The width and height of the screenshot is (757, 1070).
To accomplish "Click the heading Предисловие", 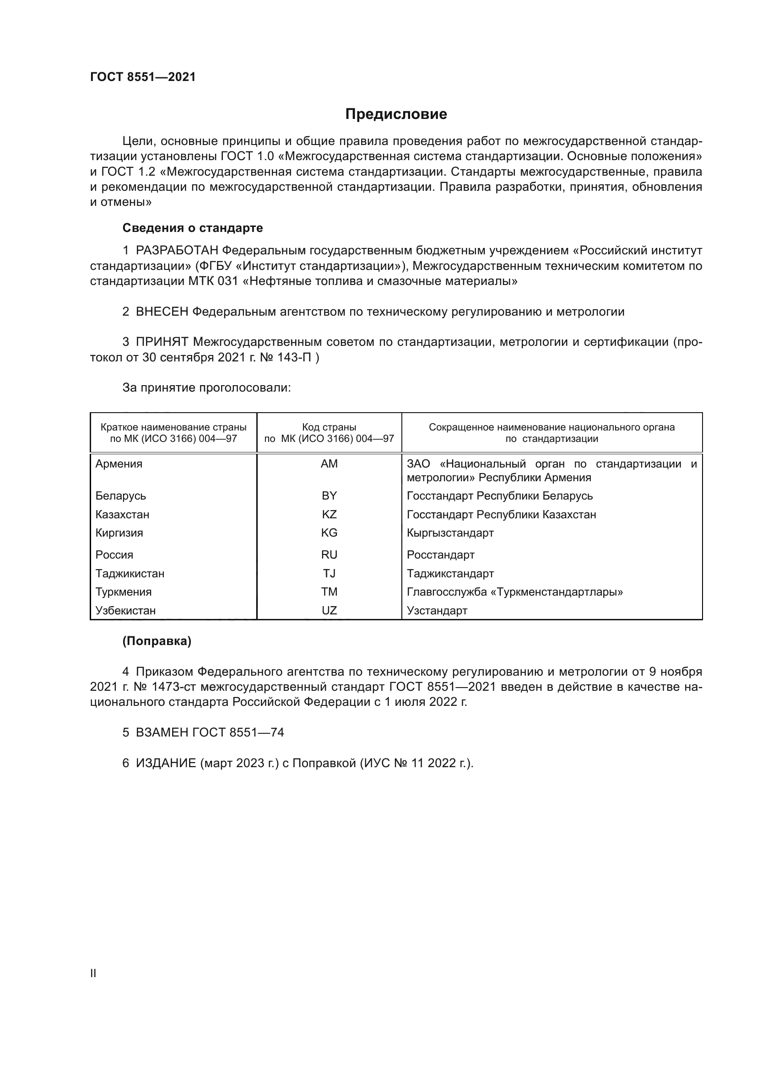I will point(396,114).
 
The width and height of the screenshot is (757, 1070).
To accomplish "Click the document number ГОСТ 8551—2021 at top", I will point(143,77).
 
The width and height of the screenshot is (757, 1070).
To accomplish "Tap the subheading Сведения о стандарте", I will point(193,228).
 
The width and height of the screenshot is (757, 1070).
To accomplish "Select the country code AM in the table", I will point(329,464).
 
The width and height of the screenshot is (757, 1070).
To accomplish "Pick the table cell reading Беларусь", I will point(121,495).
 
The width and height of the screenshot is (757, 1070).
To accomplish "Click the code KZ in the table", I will point(329,514).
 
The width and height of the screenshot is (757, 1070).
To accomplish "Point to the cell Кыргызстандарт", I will point(450,532).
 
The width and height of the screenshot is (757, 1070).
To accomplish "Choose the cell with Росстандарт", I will point(440,554).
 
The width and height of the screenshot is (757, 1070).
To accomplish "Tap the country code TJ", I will point(329,573).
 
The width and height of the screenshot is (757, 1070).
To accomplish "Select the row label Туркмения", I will point(124,592).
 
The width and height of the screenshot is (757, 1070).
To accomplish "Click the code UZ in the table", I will point(329,611).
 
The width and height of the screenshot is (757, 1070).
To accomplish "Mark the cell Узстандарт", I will point(437,611).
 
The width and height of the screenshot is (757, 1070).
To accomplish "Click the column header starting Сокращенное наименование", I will point(552,432).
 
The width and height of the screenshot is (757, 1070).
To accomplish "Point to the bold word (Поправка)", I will point(157,641).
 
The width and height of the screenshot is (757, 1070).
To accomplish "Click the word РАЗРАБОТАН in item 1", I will point(177,251).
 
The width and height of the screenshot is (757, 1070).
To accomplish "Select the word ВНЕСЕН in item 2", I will point(162,312).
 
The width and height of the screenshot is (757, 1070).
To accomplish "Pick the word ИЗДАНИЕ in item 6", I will point(166,763).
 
